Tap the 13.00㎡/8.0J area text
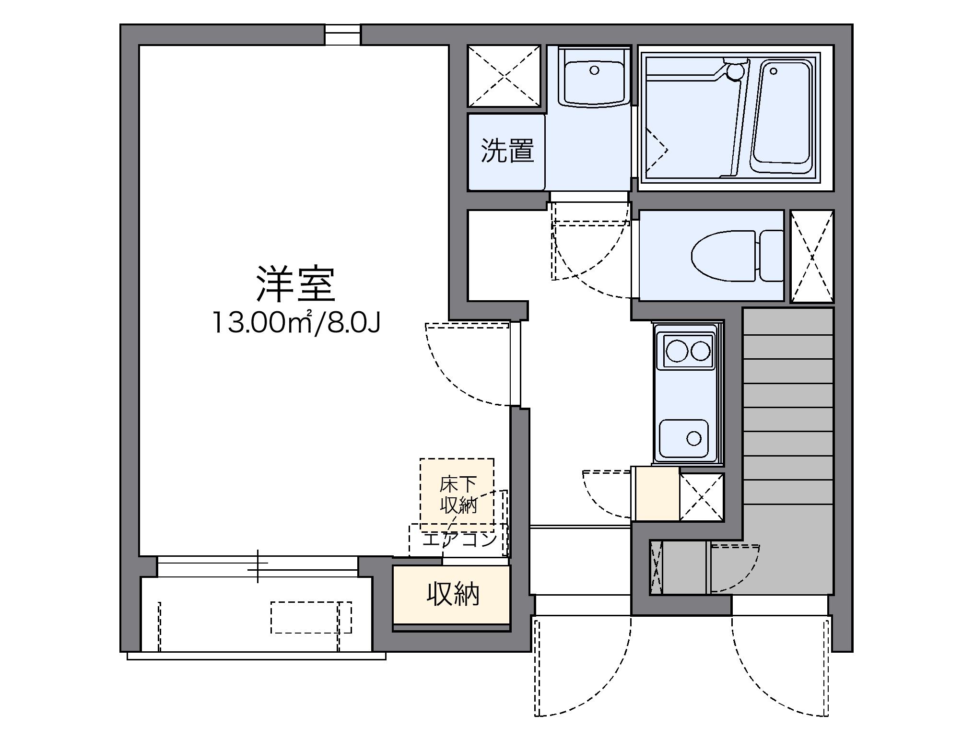click(x=296, y=322)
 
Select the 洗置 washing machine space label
click(x=507, y=151)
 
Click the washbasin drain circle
click(x=594, y=70)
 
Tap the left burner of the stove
click(x=677, y=351)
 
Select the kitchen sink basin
click(x=684, y=438)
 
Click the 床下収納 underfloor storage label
click(x=458, y=494)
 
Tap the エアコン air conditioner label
click(x=459, y=540)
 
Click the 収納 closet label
click(x=452, y=595)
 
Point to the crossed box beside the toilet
click(x=812, y=257)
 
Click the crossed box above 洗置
click(x=504, y=76)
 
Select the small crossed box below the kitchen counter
click(x=702, y=497)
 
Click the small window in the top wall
click(x=342, y=35)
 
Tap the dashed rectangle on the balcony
click(x=311, y=617)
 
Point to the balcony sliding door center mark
click(x=258, y=566)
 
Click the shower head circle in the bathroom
click(x=734, y=72)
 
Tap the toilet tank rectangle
click(x=771, y=256)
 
